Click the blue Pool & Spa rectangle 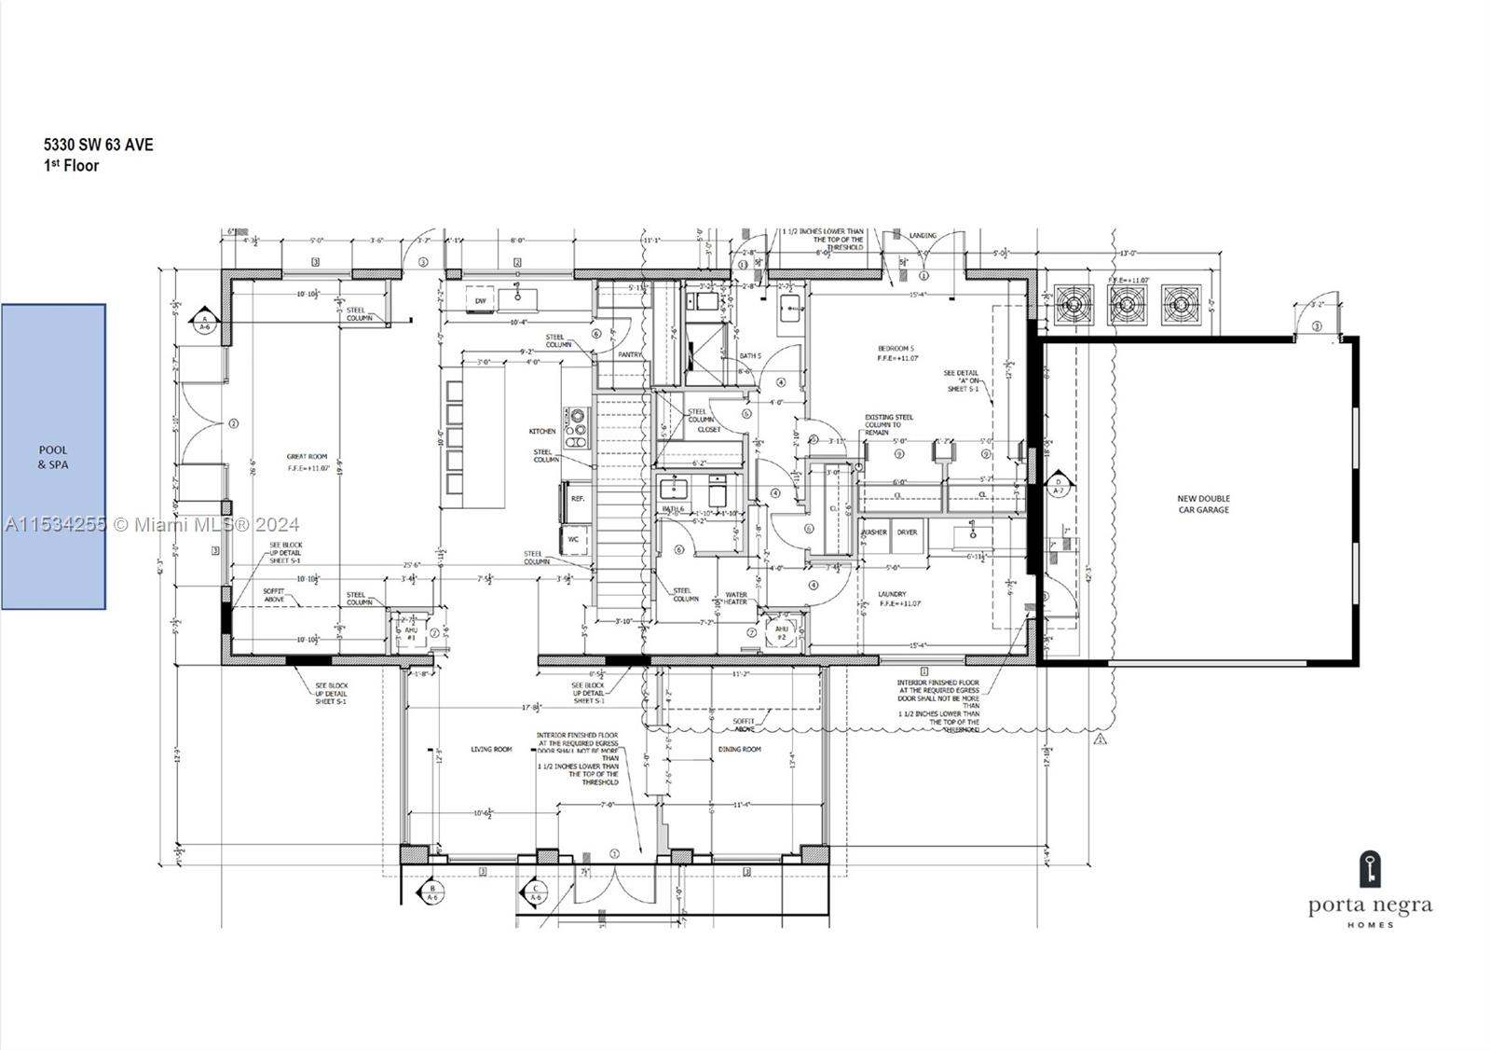[x=53, y=457]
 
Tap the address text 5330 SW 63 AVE [x=99, y=145]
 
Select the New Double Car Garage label [x=1203, y=504]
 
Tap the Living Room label [x=490, y=750]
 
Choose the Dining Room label [x=739, y=750]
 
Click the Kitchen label [x=542, y=431]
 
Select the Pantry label [x=630, y=354]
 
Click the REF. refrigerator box [x=577, y=499]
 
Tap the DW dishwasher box [x=481, y=300]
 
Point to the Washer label [x=875, y=532]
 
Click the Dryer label [x=907, y=532]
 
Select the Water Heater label [x=736, y=598]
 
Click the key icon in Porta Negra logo [x=1369, y=869]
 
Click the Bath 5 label [x=750, y=355]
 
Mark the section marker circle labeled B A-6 [x=432, y=892]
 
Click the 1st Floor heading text [x=72, y=165]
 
